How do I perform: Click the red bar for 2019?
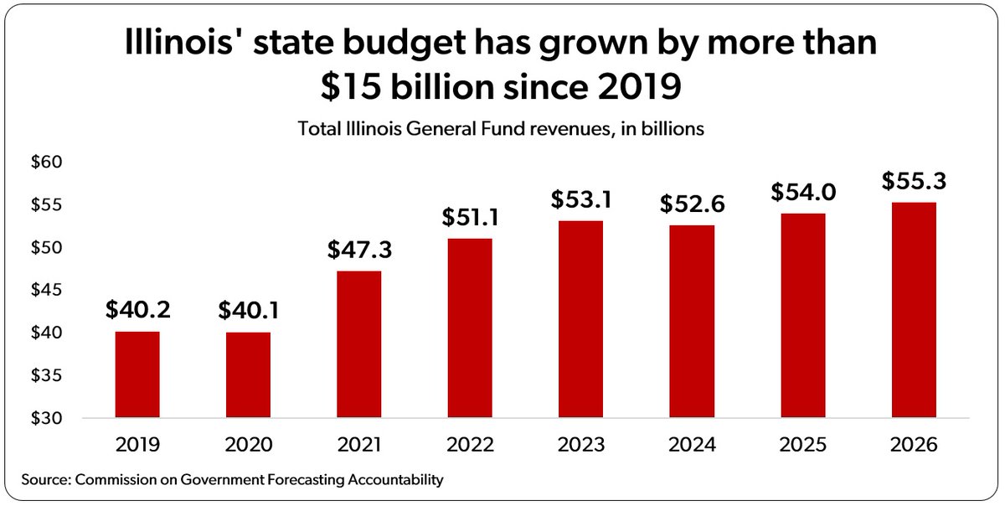pyautogui.click(x=137, y=374)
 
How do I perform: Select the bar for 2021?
pyautogui.click(x=358, y=344)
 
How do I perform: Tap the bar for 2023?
pyautogui.click(x=580, y=319)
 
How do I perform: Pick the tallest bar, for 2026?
pyautogui.click(x=914, y=310)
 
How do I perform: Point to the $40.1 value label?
pyautogui.click(x=248, y=311)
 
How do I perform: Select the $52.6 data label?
pyautogui.click(x=692, y=204)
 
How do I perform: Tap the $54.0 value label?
pyautogui.click(x=802, y=192)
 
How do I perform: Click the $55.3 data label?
pyautogui.click(x=914, y=181)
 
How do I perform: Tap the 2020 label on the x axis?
pyautogui.click(x=248, y=445)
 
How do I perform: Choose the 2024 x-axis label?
pyautogui.click(x=692, y=445)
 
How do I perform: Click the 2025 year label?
pyautogui.click(x=802, y=445)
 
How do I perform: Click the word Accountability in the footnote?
pyautogui.click(x=393, y=480)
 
